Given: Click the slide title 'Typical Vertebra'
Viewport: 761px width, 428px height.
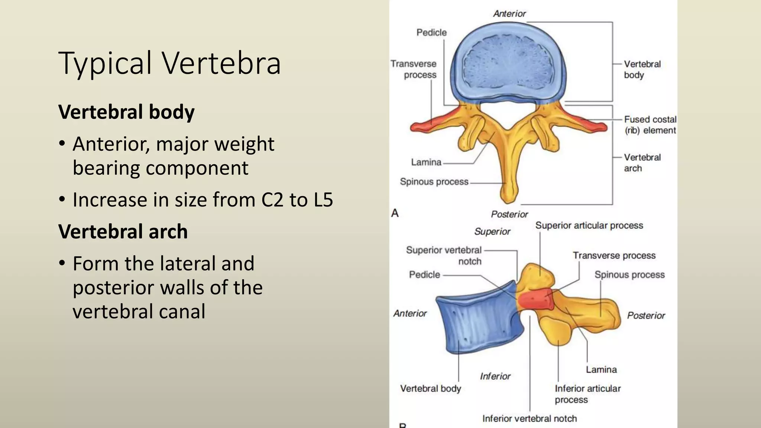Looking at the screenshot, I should point(169,63).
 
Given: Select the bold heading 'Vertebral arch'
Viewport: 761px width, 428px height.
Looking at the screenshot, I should point(123,231).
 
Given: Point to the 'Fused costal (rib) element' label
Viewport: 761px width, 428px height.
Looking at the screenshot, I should point(650,125).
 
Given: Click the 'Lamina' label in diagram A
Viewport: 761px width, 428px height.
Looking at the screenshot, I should point(426,162).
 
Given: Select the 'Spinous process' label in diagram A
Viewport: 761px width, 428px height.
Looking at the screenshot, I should point(434,182).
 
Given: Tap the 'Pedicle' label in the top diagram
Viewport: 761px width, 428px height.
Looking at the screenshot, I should point(431,33).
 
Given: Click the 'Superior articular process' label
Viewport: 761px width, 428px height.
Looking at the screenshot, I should point(589,226).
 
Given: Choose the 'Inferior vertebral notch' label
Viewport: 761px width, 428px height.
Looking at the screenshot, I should point(530,419).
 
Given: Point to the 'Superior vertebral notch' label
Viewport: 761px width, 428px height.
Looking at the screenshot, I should point(444,256).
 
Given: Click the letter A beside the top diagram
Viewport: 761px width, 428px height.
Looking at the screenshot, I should point(395,213).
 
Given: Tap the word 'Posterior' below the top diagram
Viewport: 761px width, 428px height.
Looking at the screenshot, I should point(509,214).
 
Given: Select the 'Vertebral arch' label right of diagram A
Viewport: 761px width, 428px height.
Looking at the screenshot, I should point(642,163).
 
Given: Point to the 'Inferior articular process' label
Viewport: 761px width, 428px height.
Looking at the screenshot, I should point(587,394).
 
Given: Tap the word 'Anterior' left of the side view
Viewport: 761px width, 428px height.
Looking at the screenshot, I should point(410,314).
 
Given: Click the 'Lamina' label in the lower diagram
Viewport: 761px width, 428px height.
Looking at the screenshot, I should point(601,370).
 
